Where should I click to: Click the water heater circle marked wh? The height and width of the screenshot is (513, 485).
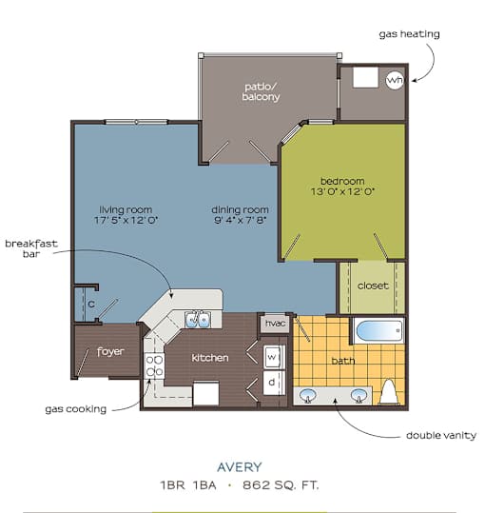point(395,80)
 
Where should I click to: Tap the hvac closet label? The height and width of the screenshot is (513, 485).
point(275,324)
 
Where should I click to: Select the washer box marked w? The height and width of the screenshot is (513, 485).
point(273,357)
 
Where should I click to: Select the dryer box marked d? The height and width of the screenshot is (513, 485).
point(273,383)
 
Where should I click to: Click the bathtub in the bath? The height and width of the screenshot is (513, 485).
point(378,331)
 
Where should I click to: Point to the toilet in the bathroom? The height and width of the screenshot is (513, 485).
point(388,392)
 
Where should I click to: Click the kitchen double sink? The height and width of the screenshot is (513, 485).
point(198,320)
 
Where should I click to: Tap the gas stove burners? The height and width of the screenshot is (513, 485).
point(155,366)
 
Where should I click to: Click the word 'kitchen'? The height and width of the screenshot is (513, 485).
point(210,358)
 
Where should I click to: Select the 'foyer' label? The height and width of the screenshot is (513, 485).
point(110,352)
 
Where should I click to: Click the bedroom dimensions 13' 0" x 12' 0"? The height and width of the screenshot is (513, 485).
point(342,191)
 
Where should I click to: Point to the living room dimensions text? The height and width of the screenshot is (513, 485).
point(126,220)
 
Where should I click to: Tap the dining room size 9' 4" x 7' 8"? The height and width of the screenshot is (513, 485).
point(241,220)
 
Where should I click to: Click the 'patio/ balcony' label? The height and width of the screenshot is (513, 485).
point(261,92)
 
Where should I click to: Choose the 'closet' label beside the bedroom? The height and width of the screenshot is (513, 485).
point(373,286)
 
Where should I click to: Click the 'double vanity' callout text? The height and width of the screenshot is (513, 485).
point(441,436)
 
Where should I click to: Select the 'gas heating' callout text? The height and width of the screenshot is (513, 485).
point(409,34)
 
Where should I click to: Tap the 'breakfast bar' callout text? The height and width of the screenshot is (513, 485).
point(31,248)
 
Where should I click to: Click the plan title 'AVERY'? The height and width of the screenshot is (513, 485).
point(240,467)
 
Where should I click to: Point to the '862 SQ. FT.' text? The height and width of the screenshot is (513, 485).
point(281,485)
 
